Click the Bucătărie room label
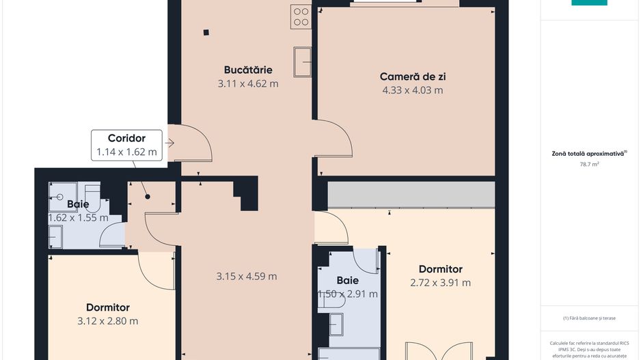click(x=248, y=70)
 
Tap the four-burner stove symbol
click(x=301, y=17)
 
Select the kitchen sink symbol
click(x=302, y=61)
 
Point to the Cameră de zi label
click(x=412, y=77)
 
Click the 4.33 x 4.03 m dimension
click(x=412, y=90)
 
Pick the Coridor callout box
click(x=126, y=145)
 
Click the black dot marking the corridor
click(x=148, y=197)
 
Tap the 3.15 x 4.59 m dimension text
click(x=247, y=277)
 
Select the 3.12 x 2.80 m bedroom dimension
click(x=108, y=321)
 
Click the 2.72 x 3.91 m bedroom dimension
click(x=440, y=283)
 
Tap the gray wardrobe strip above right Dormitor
click(x=411, y=194)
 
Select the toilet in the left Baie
click(x=55, y=236)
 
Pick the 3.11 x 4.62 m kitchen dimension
click(x=248, y=84)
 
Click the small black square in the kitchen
click(x=205, y=31)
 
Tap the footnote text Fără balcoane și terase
click(x=589, y=318)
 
